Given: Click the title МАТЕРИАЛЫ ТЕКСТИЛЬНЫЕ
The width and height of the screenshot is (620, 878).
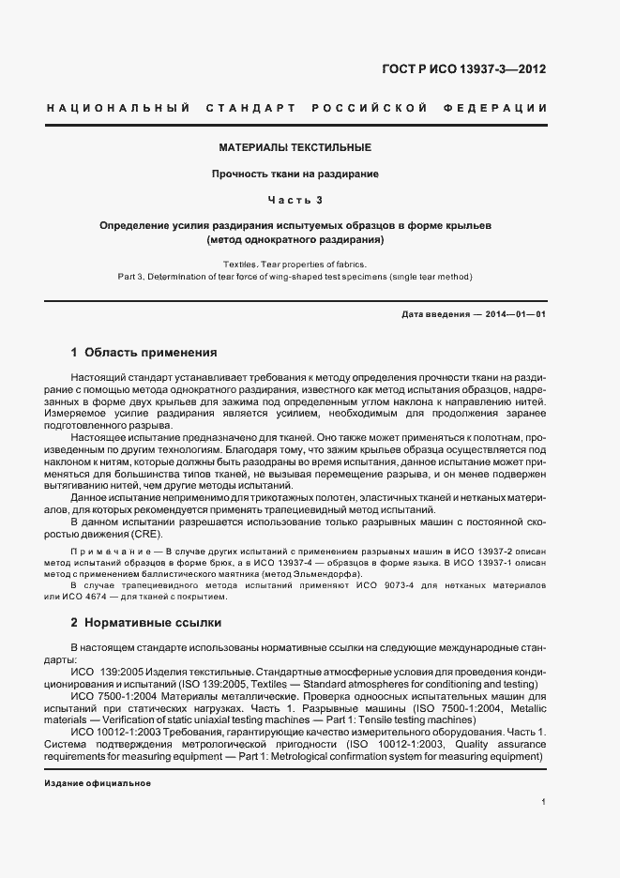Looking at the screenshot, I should point(295,148).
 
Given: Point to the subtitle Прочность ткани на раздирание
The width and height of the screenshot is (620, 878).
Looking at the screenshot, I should point(295,174).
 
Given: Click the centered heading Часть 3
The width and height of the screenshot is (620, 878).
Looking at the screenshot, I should point(295,201).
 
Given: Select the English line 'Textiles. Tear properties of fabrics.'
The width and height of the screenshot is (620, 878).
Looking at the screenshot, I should point(295,265).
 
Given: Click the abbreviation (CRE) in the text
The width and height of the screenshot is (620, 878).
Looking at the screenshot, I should point(142,534).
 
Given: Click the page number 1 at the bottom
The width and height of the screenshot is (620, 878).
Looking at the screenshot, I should point(544,802).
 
